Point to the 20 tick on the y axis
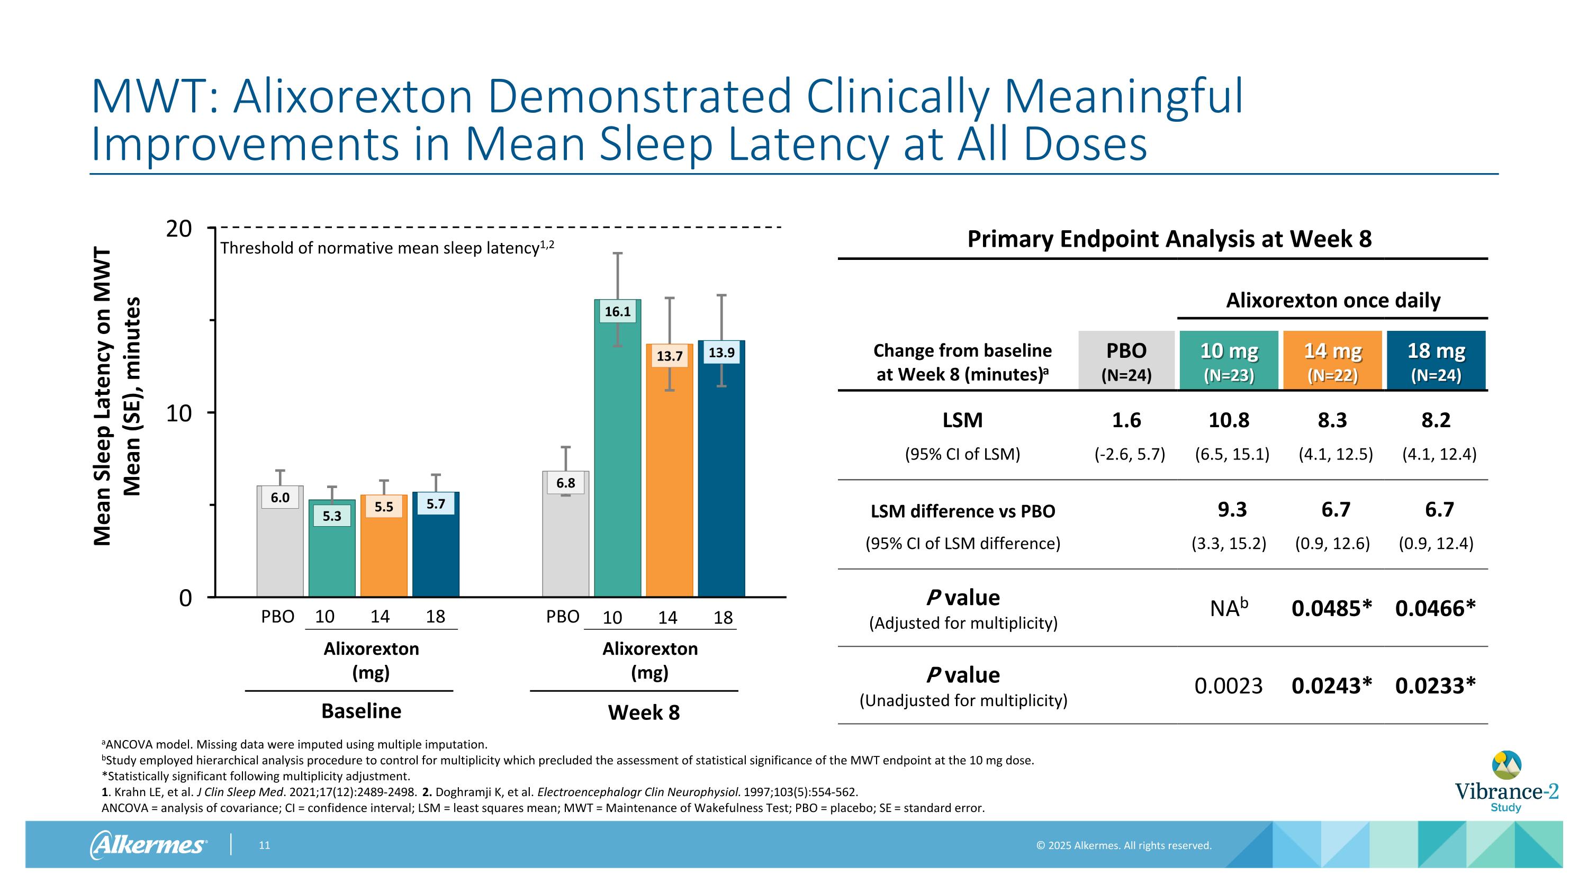coord(179,229)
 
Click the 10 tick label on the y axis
coord(179,413)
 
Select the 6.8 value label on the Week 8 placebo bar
coord(565,483)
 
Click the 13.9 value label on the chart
coord(721,353)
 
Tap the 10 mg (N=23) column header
coord(1229,360)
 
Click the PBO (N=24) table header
coord(1126,360)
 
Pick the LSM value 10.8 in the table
coord(1229,420)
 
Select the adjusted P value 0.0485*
coord(1332,608)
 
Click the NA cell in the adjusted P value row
coord(1229,608)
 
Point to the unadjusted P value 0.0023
coord(1229,685)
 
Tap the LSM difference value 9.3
coord(1232,510)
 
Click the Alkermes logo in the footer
coord(148,844)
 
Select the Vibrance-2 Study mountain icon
coord(1506,766)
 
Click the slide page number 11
coord(265,845)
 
